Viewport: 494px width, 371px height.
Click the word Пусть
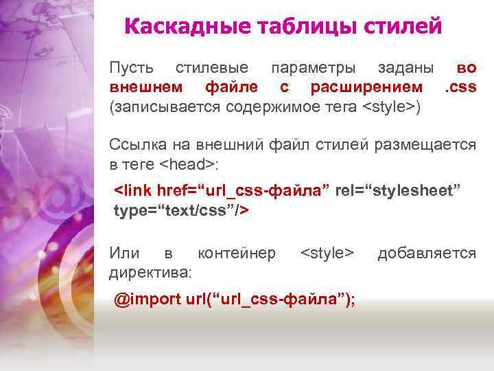(x=131, y=69)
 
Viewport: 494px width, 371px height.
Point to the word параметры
(x=313, y=69)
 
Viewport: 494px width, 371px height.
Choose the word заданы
(x=405, y=69)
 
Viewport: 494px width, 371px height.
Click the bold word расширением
(x=366, y=87)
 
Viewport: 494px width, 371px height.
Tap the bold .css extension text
(x=460, y=87)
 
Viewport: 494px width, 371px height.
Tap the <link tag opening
(x=132, y=190)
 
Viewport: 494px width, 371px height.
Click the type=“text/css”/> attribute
(x=180, y=210)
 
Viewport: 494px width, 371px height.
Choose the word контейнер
(x=237, y=254)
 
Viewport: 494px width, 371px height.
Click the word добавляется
(x=426, y=254)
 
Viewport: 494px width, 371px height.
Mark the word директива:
(x=150, y=273)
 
